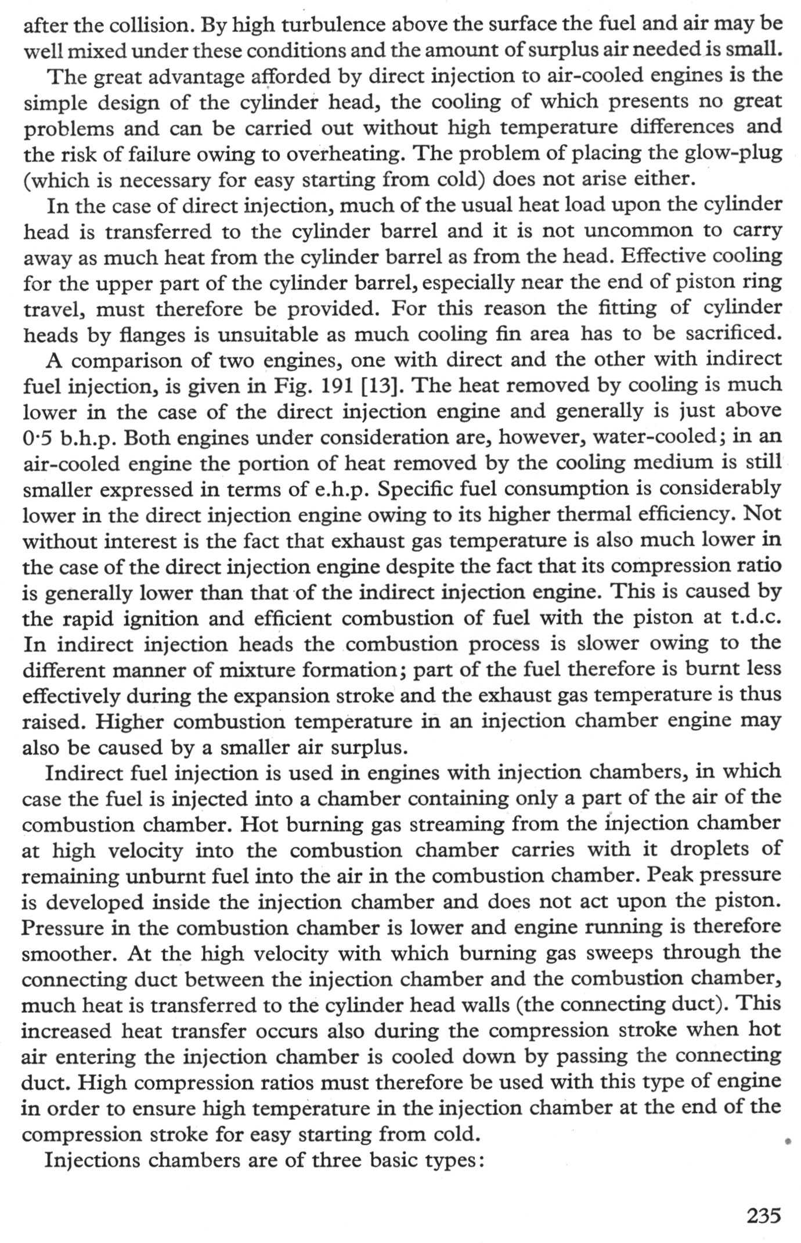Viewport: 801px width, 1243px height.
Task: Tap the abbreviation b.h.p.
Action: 86,437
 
